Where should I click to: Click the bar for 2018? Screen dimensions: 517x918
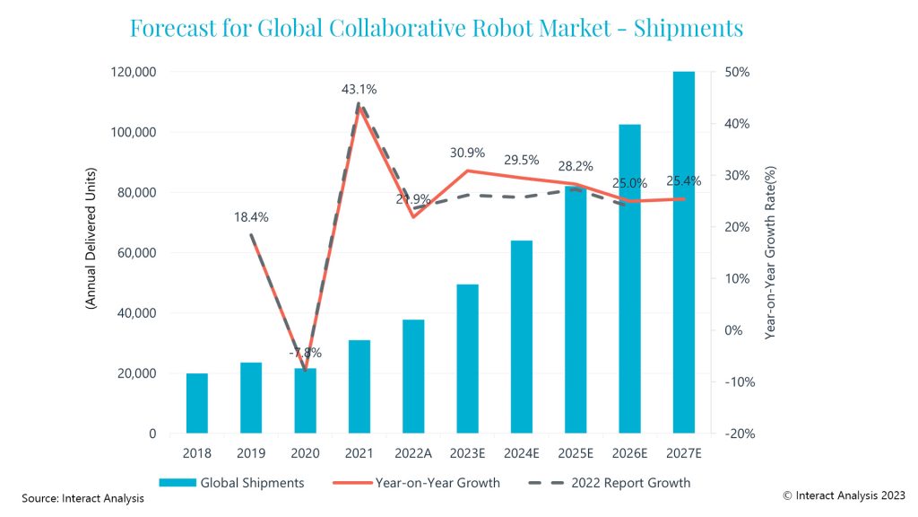click(x=197, y=403)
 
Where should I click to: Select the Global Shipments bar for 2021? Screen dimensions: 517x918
click(x=359, y=387)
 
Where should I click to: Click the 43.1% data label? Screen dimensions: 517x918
click(x=359, y=90)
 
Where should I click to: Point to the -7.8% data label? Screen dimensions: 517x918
click(x=305, y=352)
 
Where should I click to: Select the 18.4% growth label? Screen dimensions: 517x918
click(x=251, y=217)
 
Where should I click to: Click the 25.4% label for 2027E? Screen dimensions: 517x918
click(x=684, y=181)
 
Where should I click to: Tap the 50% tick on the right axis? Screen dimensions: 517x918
click(x=737, y=72)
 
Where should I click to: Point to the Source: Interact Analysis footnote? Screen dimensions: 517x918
click(x=82, y=498)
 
